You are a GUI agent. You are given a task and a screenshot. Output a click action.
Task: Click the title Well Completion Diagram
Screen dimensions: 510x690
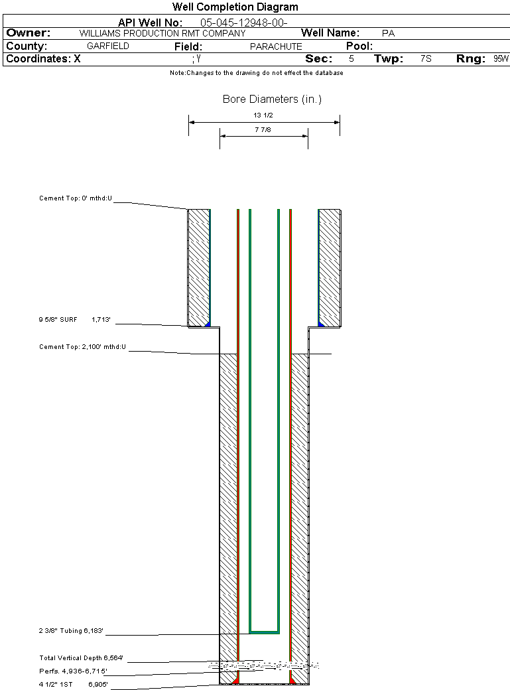[235, 7]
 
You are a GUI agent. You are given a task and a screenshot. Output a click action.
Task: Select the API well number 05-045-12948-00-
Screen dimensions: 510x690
[244, 23]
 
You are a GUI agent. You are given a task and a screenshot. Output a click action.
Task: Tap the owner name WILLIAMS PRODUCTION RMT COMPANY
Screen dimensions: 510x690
[162, 33]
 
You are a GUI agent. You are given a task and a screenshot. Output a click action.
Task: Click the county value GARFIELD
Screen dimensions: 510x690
[108, 46]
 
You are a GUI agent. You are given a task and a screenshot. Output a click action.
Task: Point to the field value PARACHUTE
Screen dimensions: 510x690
[276, 46]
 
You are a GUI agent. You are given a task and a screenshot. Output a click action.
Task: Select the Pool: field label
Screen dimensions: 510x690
[359, 46]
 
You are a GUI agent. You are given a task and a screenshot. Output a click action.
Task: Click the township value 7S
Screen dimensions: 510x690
[426, 58]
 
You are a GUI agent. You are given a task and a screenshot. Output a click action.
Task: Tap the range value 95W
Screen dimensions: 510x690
[501, 58]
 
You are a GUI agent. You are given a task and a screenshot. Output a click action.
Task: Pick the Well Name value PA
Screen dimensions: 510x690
[388, 33]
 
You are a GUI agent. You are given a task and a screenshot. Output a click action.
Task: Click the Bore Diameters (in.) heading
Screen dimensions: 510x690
[272, 99]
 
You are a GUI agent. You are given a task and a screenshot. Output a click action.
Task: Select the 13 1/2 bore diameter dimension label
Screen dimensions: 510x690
[263, 115]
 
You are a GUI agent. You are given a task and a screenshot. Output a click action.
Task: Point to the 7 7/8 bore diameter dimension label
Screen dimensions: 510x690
[263, 130]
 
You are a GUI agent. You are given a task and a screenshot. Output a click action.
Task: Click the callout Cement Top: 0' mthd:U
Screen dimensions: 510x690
[76, 198]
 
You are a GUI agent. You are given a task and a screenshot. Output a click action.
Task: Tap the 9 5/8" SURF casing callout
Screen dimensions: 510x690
[58, 320]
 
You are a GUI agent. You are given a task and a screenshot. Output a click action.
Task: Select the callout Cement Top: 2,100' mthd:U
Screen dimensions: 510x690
[82, 347]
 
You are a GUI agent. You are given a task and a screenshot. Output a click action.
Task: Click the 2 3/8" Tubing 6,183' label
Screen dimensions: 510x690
[71, 630]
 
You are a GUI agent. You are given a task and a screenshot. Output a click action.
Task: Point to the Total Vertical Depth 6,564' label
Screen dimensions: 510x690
[81, 658]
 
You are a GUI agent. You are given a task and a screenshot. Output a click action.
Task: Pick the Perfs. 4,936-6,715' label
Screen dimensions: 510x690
[73, 671]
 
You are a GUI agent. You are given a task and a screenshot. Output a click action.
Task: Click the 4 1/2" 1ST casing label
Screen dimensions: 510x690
[56, 684]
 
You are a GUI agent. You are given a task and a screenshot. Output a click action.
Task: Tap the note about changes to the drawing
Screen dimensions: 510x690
[257, 73]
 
